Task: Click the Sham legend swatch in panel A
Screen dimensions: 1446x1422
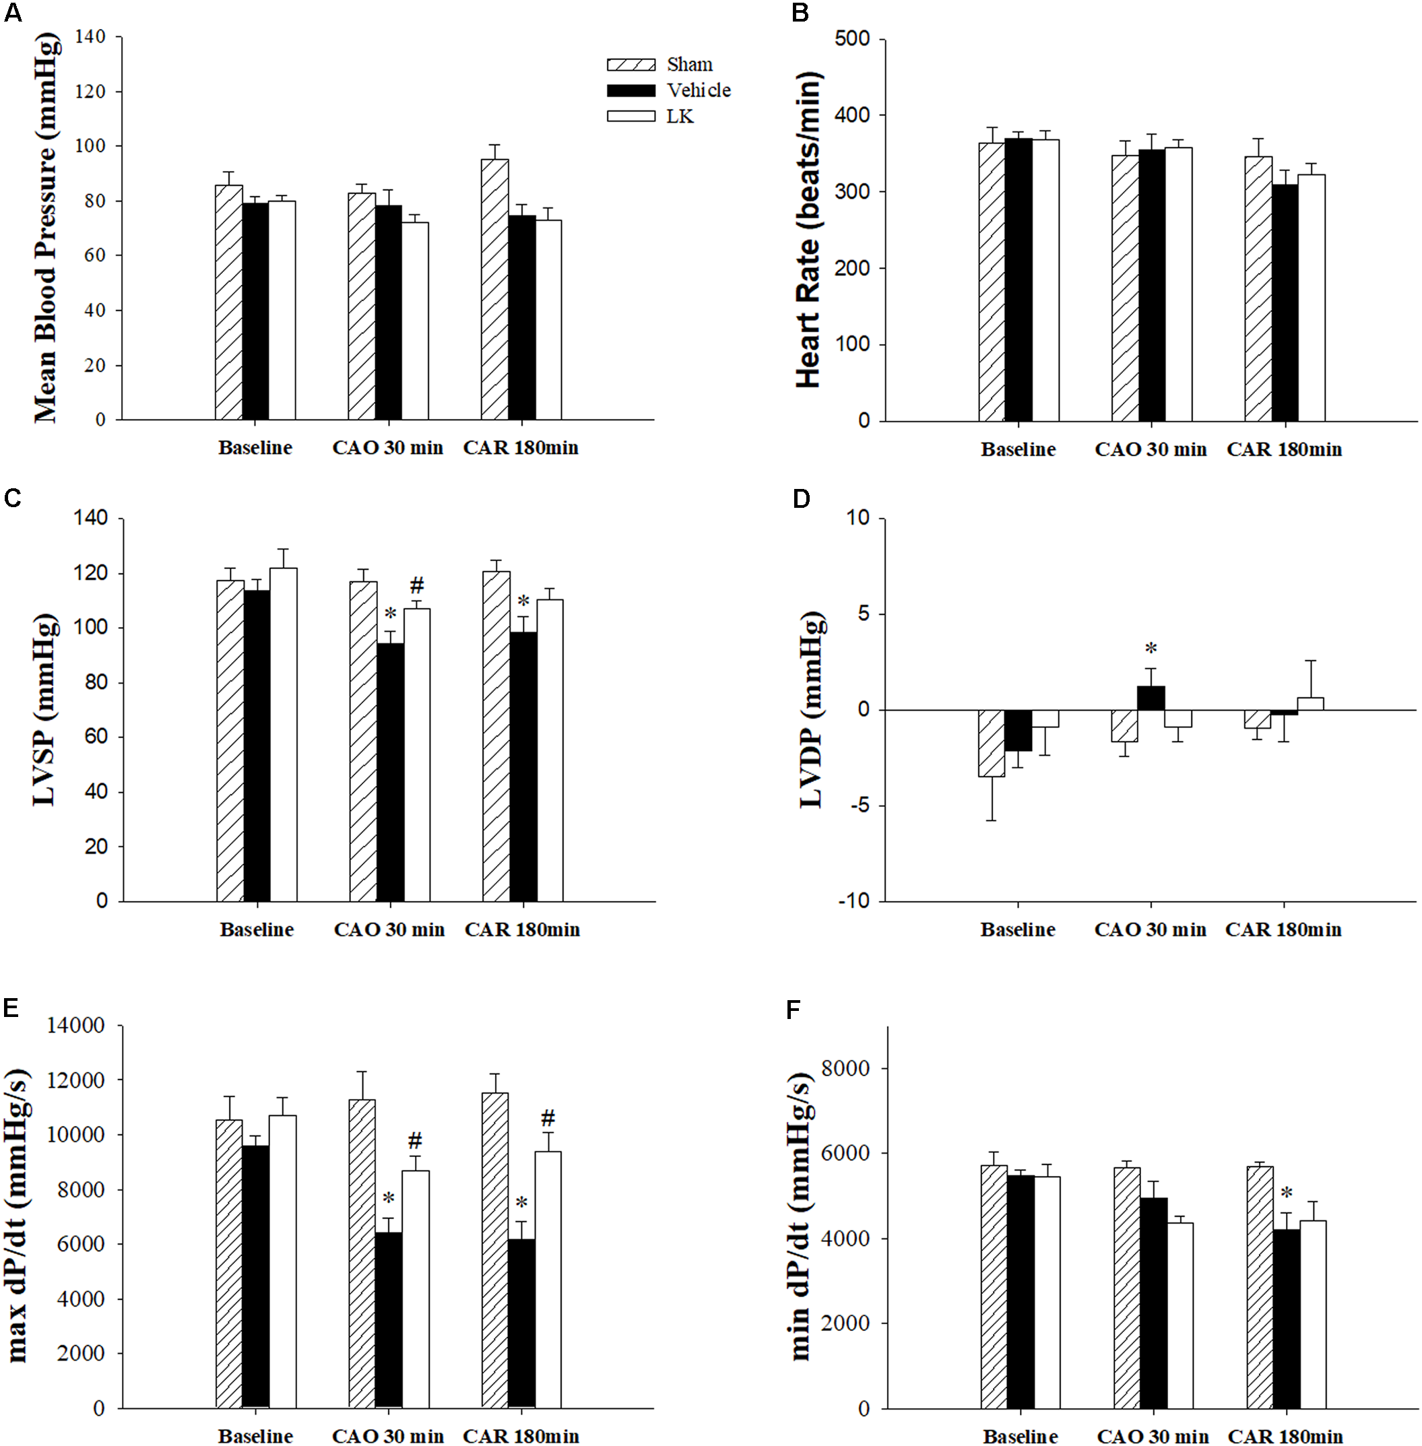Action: pyautogui.click(x=631, y=65)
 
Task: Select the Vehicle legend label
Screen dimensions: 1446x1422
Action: pyautogui.click(x=699, y=90)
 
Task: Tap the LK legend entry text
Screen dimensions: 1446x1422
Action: pyautogui.click(x=680, y=117)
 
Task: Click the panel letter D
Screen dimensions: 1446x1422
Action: pyautogui.click(x=801, y=499)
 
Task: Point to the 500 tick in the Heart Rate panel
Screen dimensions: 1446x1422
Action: pyautogui.click(x=852, y=39)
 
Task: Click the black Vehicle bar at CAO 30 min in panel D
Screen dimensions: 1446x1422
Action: pyautogui.click(x=1151, y=698)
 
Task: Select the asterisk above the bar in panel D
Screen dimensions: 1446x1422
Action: pyautogui.click(x=1151, y=649)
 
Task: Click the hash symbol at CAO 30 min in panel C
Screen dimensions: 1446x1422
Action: pyautogui.click(x=417, y=585)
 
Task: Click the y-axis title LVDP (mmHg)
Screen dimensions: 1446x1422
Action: pyautogui.click(x=812, y=710)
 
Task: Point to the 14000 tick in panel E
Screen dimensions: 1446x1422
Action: pyautogui.click(x=75, y=1025)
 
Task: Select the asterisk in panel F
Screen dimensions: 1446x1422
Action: pyautogui.click(x=1286, y=1193)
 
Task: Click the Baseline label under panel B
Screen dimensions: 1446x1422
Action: pyautogui.click(x=1018, y=450)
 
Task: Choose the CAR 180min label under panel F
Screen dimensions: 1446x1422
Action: pyautogui.click(x=1285, y=1437)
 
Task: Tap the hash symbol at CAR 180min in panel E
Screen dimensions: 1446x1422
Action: pyautogui.click(x=548, y=1118)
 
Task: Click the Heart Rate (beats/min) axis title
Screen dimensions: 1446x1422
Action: pyautogui.click(x=809, y=230)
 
